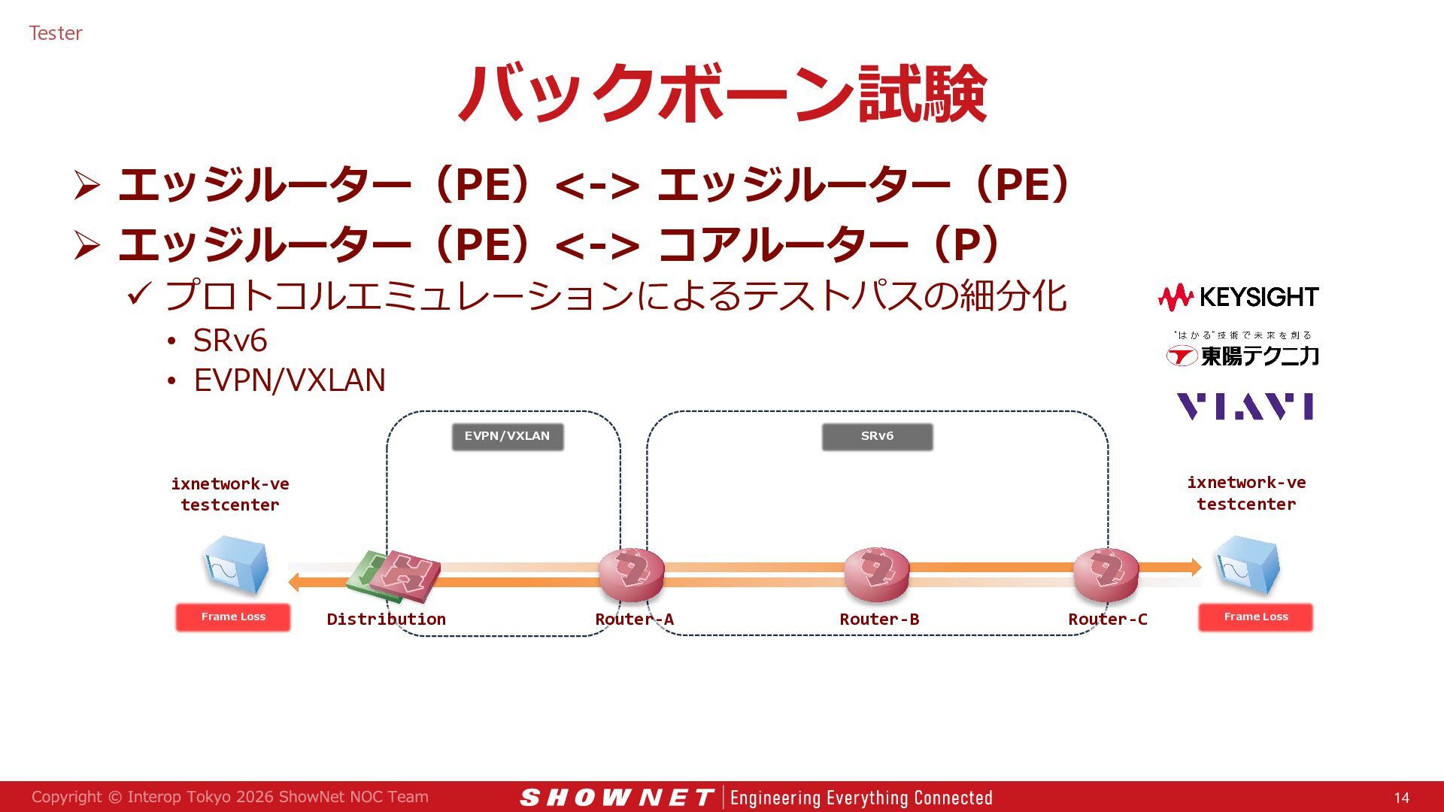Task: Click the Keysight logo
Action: point(1239,298)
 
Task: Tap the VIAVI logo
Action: point(1245,406)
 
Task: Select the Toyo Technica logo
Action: point(1242,350)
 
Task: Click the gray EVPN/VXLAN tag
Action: point(508,437)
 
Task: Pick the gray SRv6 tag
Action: point(878,437)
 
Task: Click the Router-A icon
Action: point(632,574)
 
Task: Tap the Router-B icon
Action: point(877,574)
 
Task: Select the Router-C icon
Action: point(1106,574)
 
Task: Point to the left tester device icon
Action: point(235,565)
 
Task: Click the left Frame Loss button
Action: point(233,617)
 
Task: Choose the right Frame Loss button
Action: point(1256,617)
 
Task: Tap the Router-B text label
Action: point(879,620)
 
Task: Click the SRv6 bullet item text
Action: point(230,341)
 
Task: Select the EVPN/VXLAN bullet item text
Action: point(290,380)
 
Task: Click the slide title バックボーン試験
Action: point(723,93)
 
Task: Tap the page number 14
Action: point(1402,798)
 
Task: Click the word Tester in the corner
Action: point(56,33)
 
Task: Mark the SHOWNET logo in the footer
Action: point(617,798)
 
